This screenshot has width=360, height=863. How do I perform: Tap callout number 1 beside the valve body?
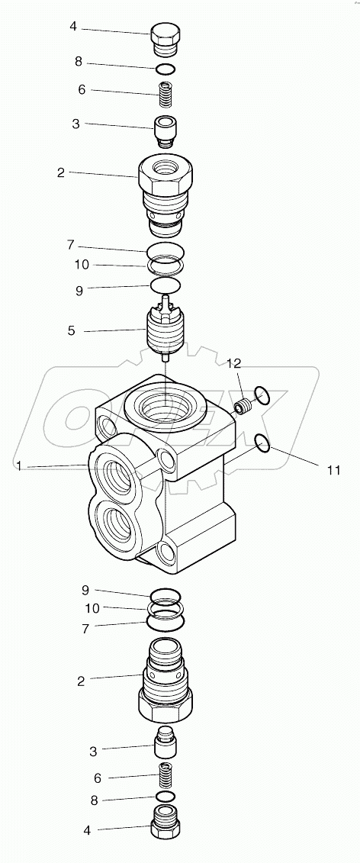(18, 465)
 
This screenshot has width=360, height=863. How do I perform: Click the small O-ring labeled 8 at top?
(166, 69)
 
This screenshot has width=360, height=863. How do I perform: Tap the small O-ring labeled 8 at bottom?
(166, 798)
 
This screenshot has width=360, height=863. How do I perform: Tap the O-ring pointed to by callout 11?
(261, 443)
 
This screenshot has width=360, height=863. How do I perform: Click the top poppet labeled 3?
(166, 130)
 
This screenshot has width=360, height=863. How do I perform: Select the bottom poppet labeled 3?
(166, 743)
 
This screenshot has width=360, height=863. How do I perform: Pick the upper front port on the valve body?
(115, 477)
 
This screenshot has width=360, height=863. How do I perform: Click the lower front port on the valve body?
(117, 526)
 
